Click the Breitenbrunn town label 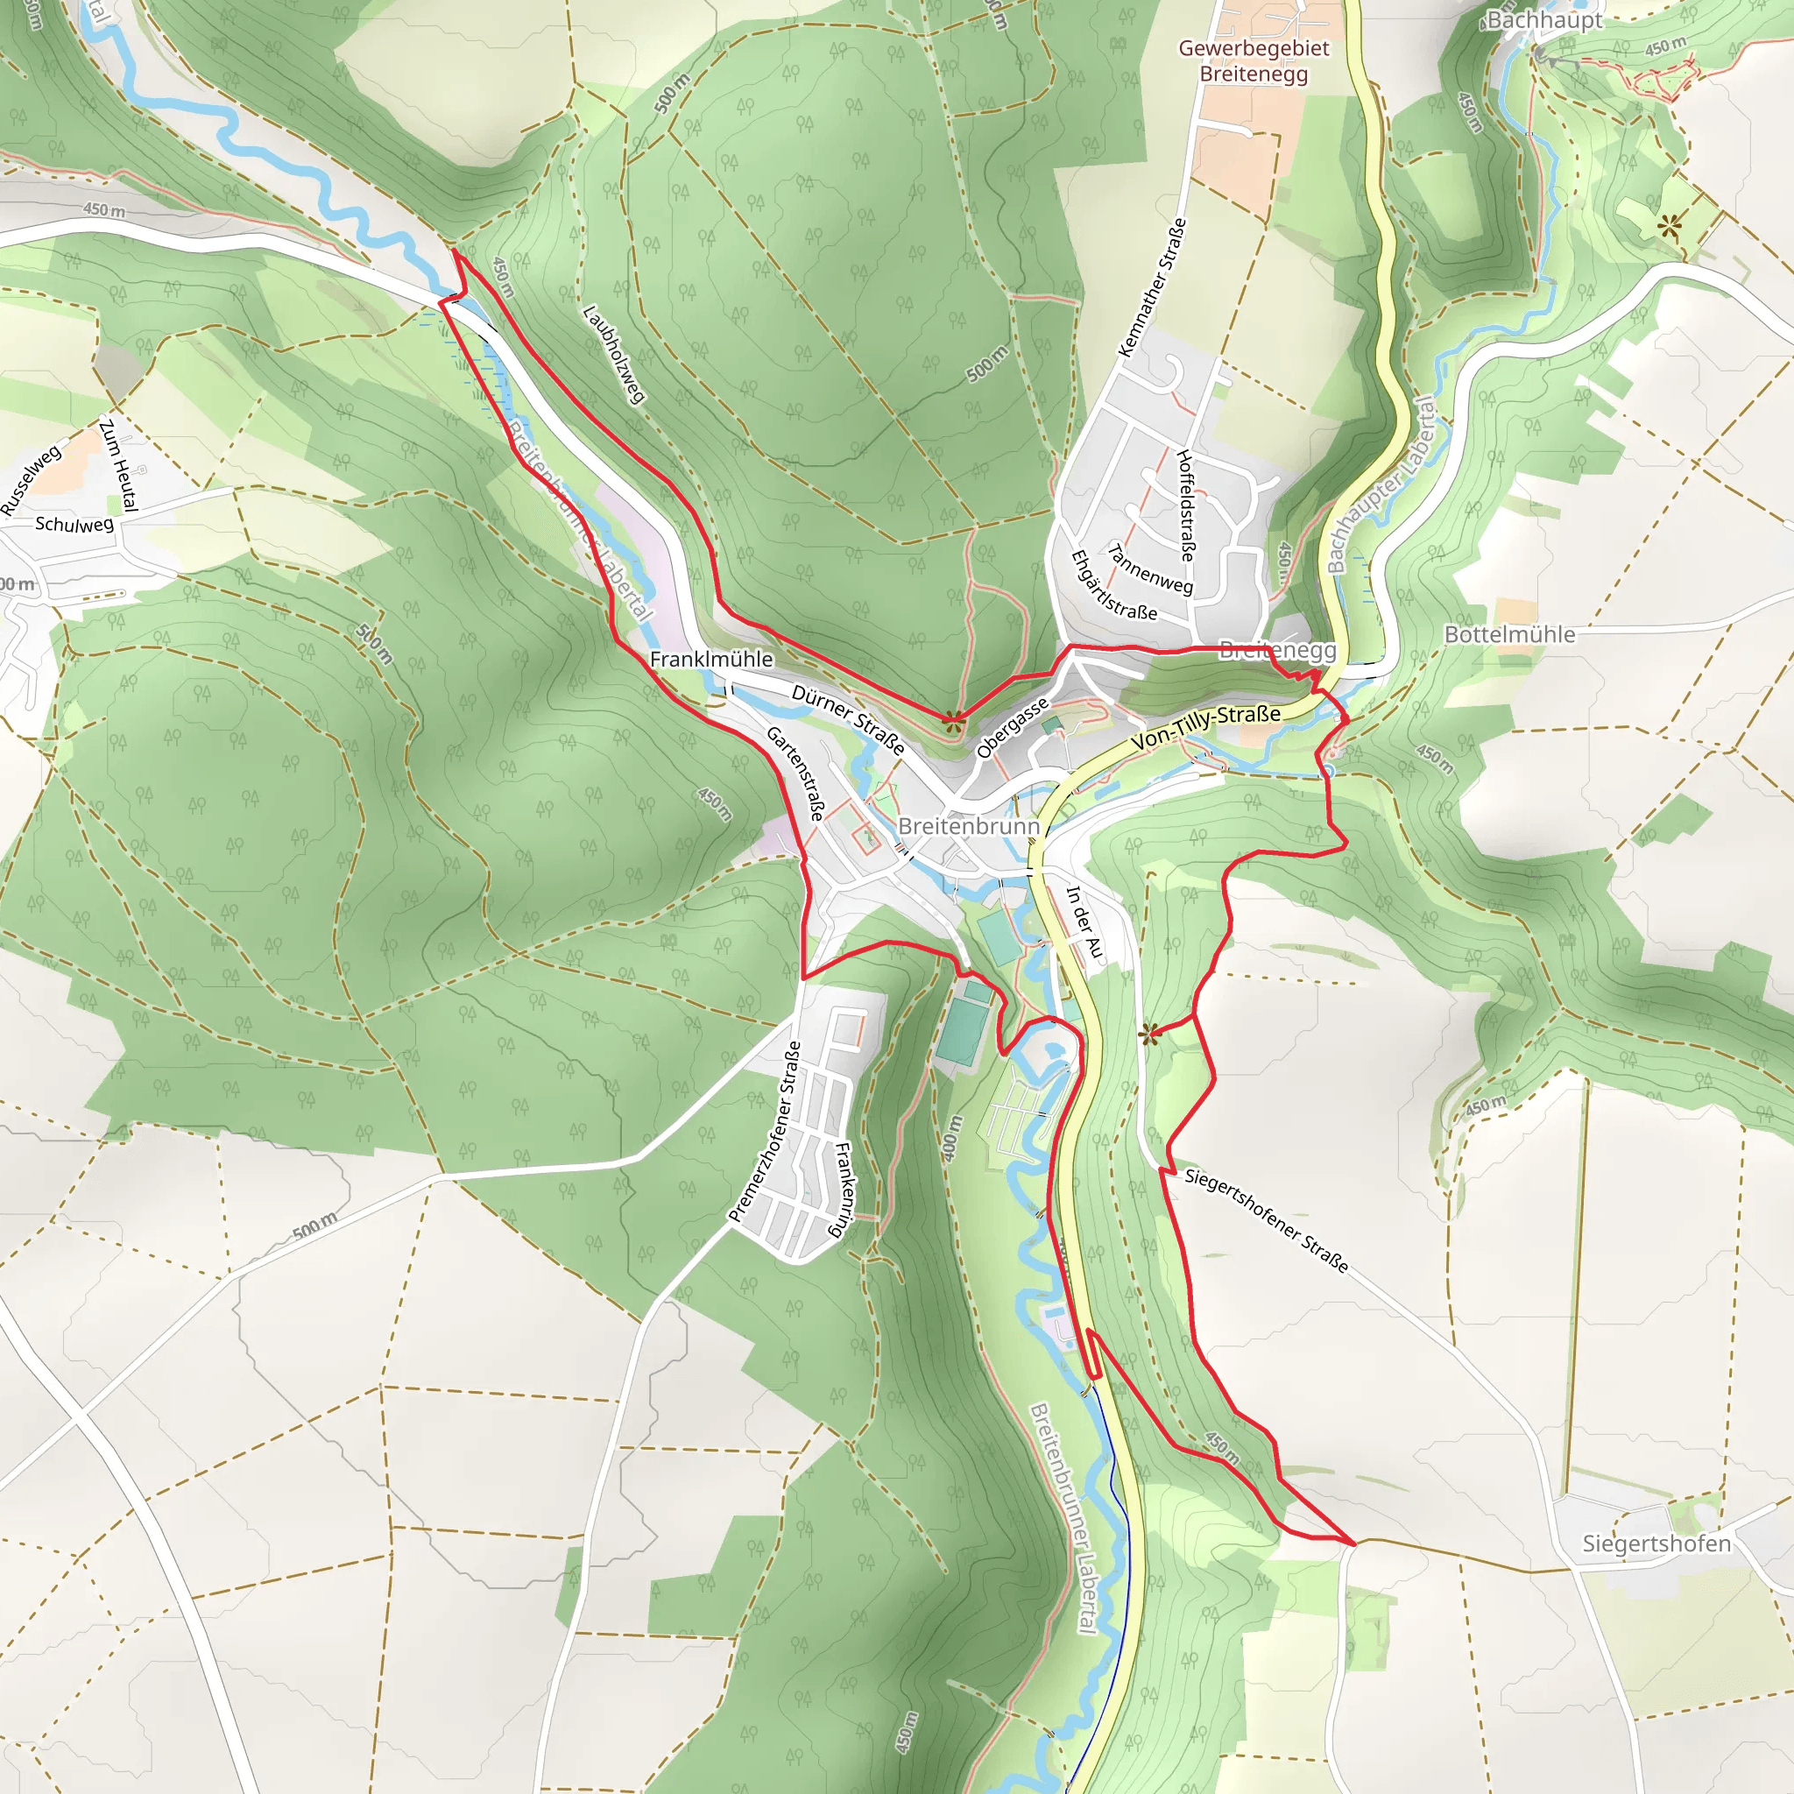point(969,825)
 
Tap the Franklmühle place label point(710,659)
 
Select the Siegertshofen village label point(1656,1543)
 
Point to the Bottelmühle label point(1510,634)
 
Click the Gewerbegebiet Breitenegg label point(1254,60)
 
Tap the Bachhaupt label point(1544,19)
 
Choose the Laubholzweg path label point(613,354)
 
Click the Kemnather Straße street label point(1153,288)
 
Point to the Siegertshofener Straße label point(1267,1220)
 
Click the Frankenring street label point(840,1190)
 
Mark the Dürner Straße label point(848,720)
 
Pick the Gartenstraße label point(795,773)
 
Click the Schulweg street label point(74,524)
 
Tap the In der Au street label point(1083,922)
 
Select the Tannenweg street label point(1149,569)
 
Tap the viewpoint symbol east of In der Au point(1149,1033)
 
